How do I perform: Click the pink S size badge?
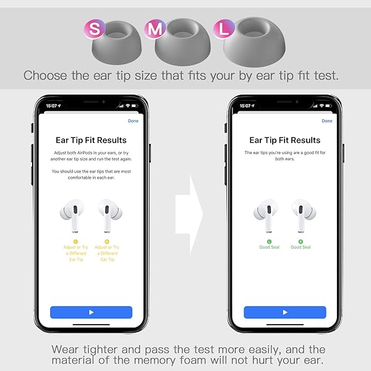95,29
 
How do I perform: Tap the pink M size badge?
155,29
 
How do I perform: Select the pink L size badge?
224,29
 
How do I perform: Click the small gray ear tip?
117,43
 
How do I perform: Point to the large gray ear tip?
254,42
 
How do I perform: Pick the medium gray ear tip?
182,42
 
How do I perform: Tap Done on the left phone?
133,121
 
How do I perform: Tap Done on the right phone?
327,121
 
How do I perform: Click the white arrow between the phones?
189,214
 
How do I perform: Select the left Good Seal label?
269,247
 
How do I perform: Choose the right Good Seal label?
301,247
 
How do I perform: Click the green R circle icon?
301,242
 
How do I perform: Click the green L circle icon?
269,242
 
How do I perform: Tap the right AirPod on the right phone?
304,215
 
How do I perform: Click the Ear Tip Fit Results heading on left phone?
91,140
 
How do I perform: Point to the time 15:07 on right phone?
245,106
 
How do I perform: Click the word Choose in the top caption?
45,75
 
